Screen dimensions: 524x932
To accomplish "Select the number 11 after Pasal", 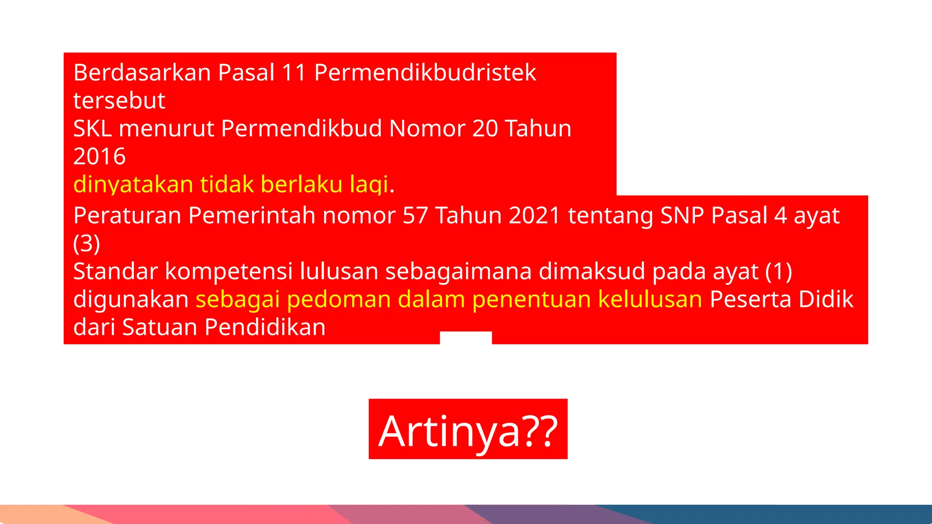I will (294, 73).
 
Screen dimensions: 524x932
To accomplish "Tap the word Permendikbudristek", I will (425, 73).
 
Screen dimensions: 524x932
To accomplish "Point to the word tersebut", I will (119, 101).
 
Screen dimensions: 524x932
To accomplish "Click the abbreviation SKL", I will (92, 129).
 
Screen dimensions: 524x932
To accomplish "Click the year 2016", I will (99, 157).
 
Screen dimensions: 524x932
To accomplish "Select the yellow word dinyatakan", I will (133, 185).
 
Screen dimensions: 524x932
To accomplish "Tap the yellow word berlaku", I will (301, 185).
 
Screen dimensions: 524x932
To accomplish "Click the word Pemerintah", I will (252, 215).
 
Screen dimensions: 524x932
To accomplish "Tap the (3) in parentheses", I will (86, 243).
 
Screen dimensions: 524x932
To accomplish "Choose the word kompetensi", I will (228, 272).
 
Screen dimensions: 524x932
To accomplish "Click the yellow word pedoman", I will (339, 299).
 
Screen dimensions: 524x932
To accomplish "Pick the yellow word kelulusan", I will (650, 299).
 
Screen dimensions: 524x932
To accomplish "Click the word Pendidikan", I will (265, 327).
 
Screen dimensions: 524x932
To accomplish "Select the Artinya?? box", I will (468, 429).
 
